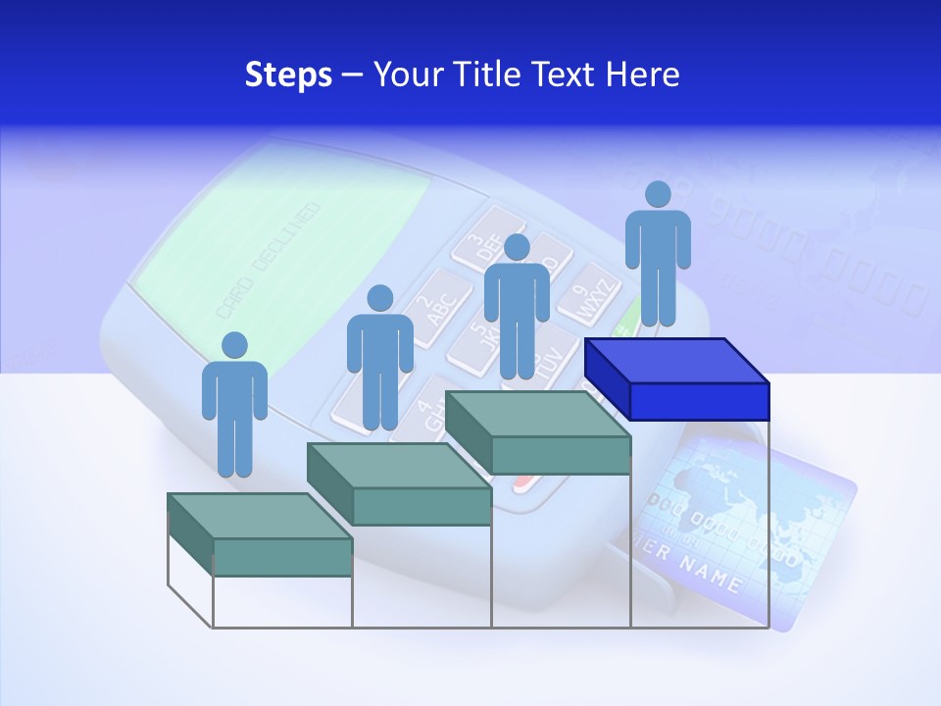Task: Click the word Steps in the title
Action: click(288, 75)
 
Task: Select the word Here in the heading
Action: click(642, 75)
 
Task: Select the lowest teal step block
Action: click(260, 534)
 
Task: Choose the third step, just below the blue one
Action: click(538, 432)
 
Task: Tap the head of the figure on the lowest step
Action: click(234, 345)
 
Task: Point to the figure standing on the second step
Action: click(379, 358)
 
